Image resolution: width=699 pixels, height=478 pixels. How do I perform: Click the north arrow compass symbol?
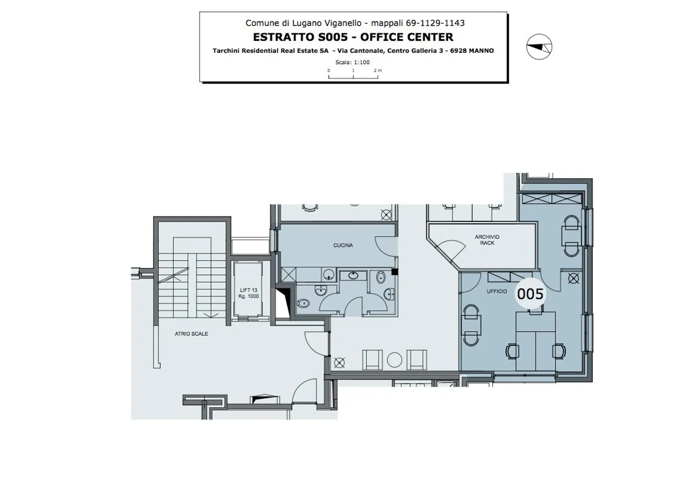(x=539, y=47)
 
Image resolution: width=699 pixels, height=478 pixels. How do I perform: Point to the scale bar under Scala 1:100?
(x=353, y=76)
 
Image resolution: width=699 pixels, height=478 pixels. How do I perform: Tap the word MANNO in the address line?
(x=482, y=50)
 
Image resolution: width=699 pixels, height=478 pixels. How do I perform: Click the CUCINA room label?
(x=343, y=245)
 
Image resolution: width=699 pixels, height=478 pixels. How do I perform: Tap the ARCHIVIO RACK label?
(x=487, y=240)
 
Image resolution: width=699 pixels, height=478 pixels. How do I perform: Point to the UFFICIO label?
(x=497, y=291)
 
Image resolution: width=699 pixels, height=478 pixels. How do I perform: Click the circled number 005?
(x=530, y=294)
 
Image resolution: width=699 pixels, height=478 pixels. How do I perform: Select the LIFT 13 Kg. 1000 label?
(x=248, y=293)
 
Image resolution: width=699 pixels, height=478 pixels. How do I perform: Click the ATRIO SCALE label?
(x=191, y=334)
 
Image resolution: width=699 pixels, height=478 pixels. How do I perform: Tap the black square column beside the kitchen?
(x=395, y=272)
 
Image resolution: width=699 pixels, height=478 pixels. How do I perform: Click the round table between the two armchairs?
(x=395, y=359)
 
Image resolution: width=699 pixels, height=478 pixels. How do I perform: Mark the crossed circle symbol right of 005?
(x=573, y=279)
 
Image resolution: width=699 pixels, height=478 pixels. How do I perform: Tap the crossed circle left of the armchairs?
(x=339, y=362)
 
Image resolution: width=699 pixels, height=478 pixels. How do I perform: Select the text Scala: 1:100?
(x=352, y=62)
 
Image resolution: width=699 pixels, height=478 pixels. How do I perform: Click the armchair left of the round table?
(x=372, y=359)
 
